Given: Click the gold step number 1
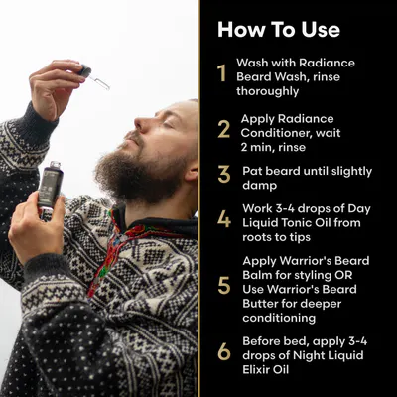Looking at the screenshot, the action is pos(222,73).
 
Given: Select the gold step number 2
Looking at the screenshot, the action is pos(224,129).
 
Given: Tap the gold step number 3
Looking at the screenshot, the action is pos(224,174).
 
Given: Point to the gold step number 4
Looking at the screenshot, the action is pos(224,219).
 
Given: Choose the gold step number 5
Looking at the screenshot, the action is pos(224,286).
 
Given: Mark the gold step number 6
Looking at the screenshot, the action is pos(224,351).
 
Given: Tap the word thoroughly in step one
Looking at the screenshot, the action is pos(268,91).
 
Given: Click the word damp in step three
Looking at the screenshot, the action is pos(260,186).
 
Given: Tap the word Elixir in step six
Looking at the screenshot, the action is pos(255,369).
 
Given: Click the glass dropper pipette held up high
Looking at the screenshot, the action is pos(94,77).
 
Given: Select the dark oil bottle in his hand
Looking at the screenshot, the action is pos(50,188).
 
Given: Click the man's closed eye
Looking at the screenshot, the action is pos(168,124).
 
